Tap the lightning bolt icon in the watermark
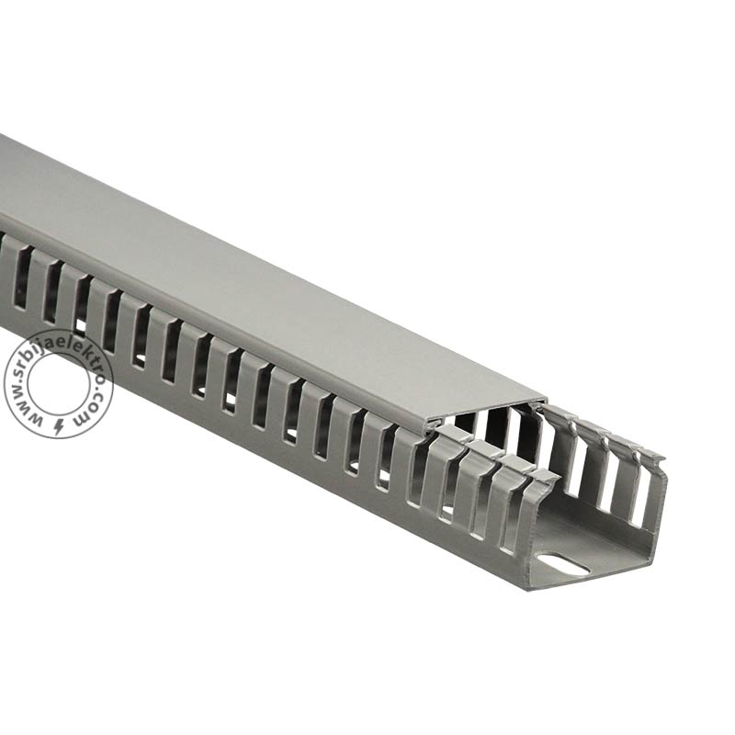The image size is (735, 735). coord(60,425)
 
